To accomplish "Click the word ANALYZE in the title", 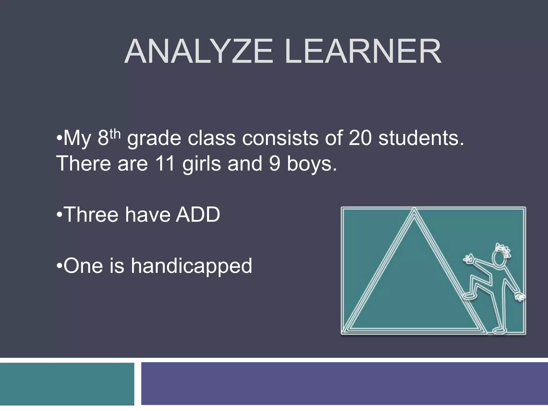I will click(x=199, y=51).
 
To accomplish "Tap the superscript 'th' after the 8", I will click(x=115, y=134).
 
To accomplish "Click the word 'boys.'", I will click(x=312, y=164).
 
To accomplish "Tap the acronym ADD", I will click(x=198, y=215).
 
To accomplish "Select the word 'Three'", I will click(x=91, y=215).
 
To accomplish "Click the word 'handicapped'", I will click(x=191, y=266).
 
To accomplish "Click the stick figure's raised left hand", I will click(x=468, y=259).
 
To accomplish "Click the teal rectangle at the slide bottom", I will click(x=67, y=384).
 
